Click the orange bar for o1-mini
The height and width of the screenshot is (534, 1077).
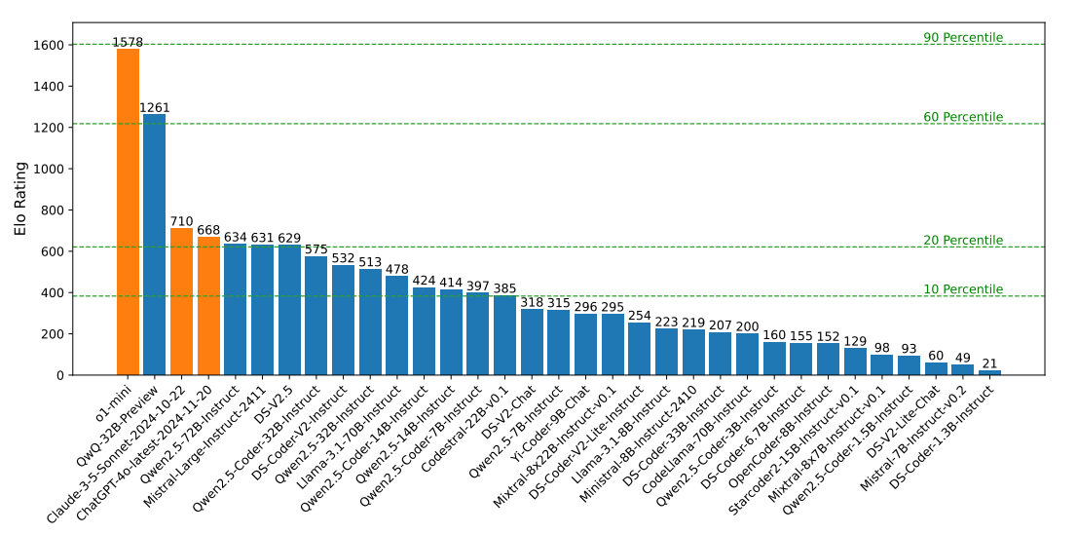128,211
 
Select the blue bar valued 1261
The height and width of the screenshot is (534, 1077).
154,245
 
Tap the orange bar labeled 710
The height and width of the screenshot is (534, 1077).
181,301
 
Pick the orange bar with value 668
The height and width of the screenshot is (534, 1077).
208,306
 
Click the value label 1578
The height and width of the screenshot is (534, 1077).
128,42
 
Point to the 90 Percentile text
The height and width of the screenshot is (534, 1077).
962,38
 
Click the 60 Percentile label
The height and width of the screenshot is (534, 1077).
962,117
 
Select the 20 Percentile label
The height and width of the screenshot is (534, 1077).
962,241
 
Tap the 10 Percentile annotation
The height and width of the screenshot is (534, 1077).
962,289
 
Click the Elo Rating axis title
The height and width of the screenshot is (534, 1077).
19,199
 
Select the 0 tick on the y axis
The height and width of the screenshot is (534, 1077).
60,375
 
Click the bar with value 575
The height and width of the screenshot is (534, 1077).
316,316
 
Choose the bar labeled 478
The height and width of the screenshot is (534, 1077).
396,325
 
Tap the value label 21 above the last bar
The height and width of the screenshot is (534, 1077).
989,363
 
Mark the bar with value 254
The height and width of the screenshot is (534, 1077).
639,349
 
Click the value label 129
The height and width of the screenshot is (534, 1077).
855,341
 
